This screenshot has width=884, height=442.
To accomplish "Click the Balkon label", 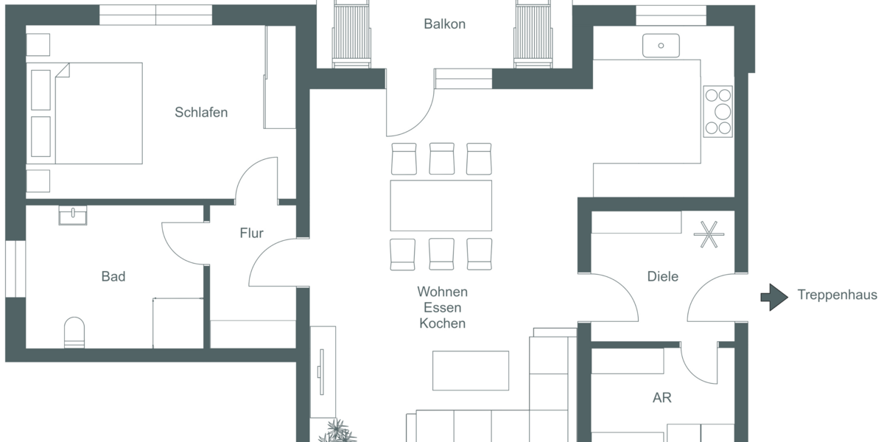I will point(444,24).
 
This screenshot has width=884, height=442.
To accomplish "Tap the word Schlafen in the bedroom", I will point(201,113).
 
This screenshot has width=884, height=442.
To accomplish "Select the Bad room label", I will point(113,276).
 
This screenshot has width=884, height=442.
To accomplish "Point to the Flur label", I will point(251,234).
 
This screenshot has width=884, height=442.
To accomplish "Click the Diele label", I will point(662,276).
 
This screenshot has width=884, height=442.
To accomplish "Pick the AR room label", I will point(662,398).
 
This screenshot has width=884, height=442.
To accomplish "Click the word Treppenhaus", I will point(837,295).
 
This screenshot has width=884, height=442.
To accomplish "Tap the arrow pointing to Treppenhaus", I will point(774,296).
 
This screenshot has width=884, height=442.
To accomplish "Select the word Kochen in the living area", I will point(442,323).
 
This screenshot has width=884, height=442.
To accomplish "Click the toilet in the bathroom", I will point(74,332).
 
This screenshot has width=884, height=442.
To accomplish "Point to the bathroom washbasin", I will point(73,214).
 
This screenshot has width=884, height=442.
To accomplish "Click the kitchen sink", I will point(661,46).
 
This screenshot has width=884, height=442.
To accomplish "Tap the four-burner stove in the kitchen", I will point(718,111).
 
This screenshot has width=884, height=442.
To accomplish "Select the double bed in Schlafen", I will point(85,113).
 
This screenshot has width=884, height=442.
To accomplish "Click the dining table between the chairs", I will point(441,206).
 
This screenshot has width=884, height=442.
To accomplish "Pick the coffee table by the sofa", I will point(470,370).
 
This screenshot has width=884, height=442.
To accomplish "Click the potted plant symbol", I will point(337,430).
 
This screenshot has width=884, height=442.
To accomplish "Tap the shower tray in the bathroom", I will point(178,323).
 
